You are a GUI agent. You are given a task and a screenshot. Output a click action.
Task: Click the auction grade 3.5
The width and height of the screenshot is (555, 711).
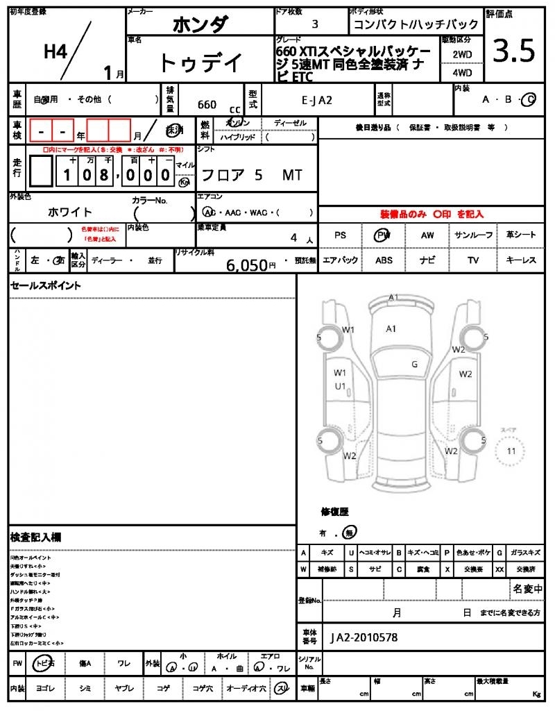pos(514,51)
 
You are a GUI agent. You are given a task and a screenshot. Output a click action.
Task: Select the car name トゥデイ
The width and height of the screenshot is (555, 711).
pos(200,63)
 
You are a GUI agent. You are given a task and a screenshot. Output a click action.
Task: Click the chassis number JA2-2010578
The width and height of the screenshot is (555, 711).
pos(364,637)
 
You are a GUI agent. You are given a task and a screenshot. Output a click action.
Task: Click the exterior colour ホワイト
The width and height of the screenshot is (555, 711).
pos(69,212)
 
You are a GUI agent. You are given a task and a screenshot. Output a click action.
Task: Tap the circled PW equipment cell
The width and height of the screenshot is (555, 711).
pos(382,235)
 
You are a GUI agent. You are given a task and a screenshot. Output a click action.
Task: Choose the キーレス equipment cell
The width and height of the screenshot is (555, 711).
pos(521,260)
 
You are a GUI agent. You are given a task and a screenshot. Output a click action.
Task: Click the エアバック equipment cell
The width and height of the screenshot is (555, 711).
pos(340,260)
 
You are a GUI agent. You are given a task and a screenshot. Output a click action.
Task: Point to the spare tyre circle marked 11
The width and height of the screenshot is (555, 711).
pos(511,451)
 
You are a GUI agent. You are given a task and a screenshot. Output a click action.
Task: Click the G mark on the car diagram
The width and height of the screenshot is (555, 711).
pos(414,364)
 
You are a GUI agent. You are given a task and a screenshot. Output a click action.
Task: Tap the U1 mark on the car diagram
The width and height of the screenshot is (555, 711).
pos(340,386)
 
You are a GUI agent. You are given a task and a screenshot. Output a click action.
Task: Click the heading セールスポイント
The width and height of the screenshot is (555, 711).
pos(46,285)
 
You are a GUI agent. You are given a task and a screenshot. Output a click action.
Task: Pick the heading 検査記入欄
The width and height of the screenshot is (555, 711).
pos(35,537)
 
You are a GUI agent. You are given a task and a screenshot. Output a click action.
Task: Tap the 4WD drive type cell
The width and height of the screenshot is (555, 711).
pos(462,72)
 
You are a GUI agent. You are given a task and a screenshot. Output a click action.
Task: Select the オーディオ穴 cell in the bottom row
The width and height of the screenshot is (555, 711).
pos(246,688)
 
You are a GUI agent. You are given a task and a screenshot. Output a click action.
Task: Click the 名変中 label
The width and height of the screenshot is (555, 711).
pos(528,589)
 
